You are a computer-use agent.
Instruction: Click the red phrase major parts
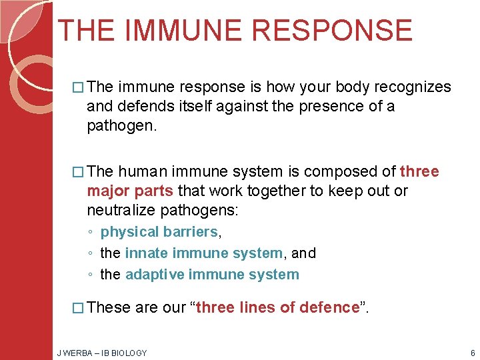[x=130, y=191]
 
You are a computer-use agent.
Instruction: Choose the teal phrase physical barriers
[x=159, y=232]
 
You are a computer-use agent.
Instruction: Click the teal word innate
[x=147, y=253]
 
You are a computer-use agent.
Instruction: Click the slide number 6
[x=472, y=353]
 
